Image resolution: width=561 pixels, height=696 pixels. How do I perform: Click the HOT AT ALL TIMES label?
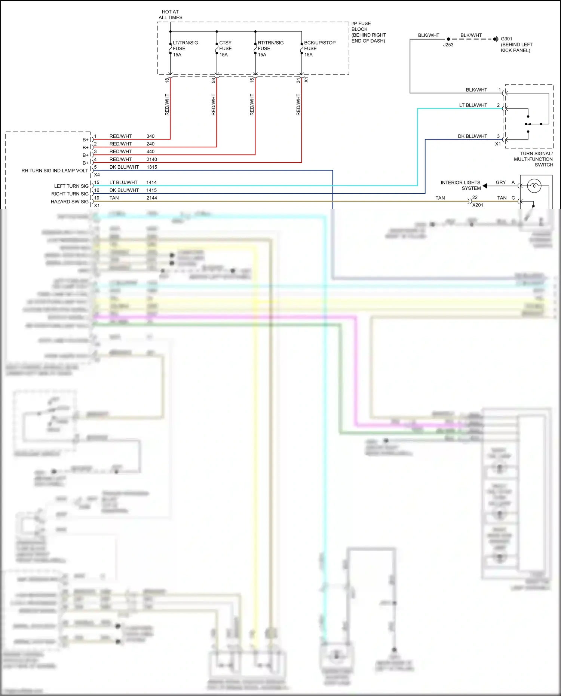170,15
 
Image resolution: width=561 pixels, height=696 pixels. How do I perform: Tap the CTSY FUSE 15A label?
225,49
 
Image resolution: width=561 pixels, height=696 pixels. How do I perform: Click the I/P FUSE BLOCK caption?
368,32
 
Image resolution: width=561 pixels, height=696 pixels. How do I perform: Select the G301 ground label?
506,39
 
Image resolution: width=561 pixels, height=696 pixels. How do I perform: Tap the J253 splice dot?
448,39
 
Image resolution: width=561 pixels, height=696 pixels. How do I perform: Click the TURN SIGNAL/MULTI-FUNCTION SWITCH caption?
534,159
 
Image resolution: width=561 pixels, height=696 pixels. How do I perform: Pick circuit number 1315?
151,167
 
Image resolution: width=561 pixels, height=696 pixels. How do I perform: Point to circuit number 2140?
151,159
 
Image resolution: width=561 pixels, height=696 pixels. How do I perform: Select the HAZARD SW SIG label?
70,202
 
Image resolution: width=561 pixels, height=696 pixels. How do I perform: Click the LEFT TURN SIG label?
71,186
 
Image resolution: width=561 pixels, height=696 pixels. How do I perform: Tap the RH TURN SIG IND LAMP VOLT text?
55,171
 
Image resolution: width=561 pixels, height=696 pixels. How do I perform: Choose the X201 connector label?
478,205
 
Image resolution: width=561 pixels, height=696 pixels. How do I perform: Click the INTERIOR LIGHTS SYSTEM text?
460,185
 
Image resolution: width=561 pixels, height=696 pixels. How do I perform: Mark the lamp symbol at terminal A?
534,186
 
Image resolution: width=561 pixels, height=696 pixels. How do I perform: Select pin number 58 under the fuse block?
214,80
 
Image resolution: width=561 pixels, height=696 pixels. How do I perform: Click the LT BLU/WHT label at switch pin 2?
473,105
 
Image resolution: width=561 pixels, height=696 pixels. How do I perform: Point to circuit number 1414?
151,183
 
